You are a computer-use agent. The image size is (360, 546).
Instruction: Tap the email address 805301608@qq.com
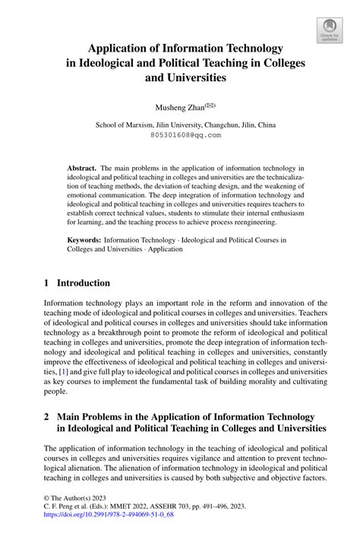tap(185, 135)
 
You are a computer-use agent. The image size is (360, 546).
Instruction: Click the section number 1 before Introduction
tap(47, 282)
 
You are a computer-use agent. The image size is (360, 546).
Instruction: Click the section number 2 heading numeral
tap(47, 417)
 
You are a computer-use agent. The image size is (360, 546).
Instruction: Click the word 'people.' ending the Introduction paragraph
tap(56, 392)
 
